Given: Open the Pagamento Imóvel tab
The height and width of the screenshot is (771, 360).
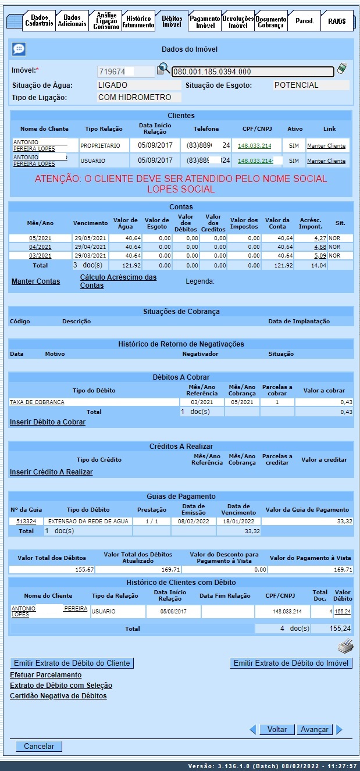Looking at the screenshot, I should coord(205,22).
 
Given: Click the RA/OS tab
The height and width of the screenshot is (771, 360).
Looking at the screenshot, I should coord(336,21).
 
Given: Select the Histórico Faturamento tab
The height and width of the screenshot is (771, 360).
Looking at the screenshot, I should coord(138,22).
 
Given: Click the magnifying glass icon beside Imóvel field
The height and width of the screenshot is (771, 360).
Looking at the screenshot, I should coord(163,69).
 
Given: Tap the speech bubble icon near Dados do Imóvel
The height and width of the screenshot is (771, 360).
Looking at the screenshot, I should coord(19,49).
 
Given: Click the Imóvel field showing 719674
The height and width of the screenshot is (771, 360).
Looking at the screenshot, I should coord(125,72).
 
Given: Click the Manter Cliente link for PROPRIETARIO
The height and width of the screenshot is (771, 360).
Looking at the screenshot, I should coord(326,145).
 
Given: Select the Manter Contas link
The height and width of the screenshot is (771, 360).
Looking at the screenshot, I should coord(35,281).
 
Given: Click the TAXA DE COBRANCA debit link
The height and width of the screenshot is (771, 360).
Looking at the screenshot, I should coord(37,402).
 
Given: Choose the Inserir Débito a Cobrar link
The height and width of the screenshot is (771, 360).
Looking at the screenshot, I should coord(48,422).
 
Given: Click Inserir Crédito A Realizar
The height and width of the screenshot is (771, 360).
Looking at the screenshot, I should coord(51,472).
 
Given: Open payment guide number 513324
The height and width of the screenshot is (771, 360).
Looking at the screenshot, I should coord(26,522).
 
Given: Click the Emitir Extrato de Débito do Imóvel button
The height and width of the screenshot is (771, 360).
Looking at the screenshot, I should coord(291,663).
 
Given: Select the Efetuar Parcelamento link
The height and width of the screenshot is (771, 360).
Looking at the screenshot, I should coord(46,675).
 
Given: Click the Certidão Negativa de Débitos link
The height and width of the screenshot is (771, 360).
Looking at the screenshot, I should coord(58,696).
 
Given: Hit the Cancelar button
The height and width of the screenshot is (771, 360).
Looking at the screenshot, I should coord(39,746).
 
